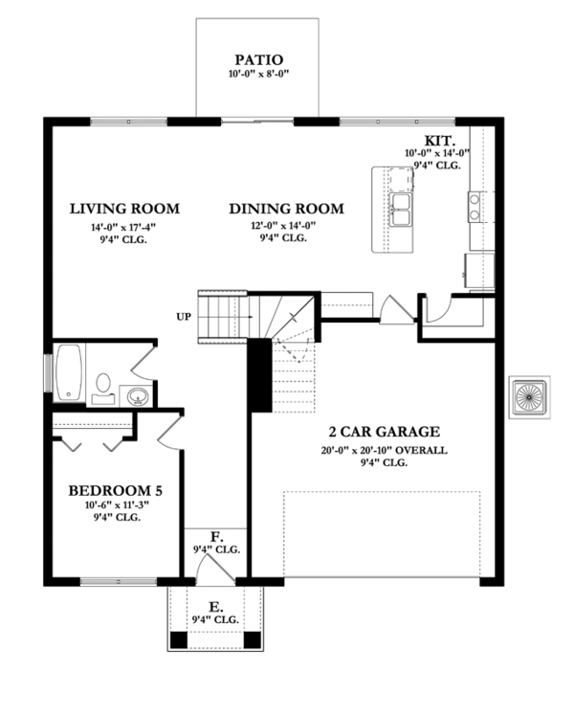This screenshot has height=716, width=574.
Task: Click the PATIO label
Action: click(x=258, y=59)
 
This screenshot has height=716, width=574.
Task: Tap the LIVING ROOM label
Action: click(x=124, y=209)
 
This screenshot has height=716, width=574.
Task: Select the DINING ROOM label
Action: click(x=286, y=209)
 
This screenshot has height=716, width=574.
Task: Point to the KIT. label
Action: click(x=440, y=141)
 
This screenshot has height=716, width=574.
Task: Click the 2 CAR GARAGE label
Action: click(x=385, y=432)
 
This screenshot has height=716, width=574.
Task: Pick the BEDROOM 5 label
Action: click(x=116, y=491)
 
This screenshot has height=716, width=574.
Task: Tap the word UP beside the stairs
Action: click(x=184, y=317)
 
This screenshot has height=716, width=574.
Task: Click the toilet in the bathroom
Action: click(x=103, y=388)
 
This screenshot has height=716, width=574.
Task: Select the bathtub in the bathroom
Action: click(x=69, y=372)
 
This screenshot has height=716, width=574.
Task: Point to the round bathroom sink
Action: click(x=137, y=396)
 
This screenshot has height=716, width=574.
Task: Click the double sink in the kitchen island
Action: click(x=401, y=209)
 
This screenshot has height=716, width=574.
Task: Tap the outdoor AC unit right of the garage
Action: click(x=529, y=397)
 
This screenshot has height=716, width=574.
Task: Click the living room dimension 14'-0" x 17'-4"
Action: click(x=120, y=227)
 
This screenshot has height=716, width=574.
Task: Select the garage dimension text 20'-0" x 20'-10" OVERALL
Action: click(x=384, y=451)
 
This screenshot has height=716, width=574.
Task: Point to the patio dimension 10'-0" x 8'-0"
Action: click(x=259, y=74)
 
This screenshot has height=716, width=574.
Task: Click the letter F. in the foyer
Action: click(x=217, y=537)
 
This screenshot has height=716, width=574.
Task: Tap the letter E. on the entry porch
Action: click(x=216, y=607)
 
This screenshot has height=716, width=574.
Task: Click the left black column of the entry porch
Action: click(x=178, y=640)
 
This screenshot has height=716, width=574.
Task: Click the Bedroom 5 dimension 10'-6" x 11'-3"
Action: click(x=118, y=505)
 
